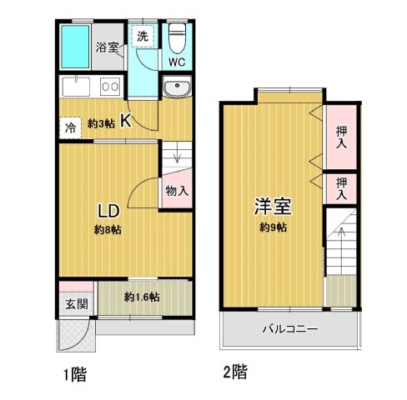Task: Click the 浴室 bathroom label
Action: [106, 47]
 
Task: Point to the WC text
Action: [177, 62]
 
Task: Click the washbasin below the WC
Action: [177, 90]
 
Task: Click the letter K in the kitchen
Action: [125, 121]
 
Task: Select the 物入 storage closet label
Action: [177, 191]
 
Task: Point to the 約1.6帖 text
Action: [143, 297]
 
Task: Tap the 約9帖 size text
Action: [272, 227]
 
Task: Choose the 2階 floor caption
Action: [235, 369]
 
